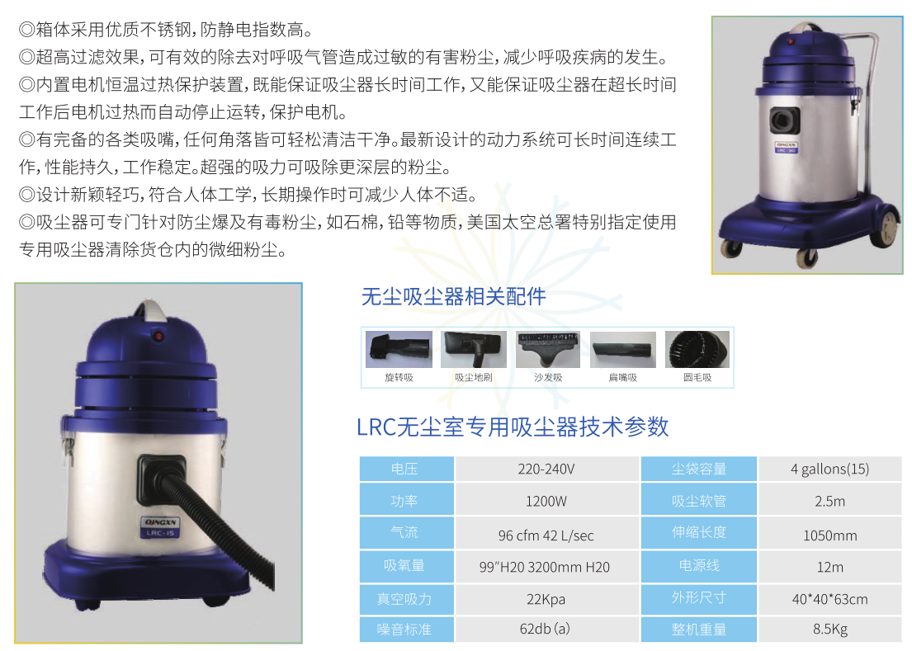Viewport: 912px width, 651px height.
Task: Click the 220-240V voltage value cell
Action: click(x=546, y=469)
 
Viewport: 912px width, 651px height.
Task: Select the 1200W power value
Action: click(x=546, y=501)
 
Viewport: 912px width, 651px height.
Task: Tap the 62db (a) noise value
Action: click(x=546, y=629)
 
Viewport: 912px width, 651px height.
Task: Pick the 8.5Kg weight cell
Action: click(x=830, y=629)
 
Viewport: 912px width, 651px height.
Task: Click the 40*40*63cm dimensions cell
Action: click(x=830, y=599)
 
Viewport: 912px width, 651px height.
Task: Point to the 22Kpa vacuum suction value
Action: click(x=546, y=599)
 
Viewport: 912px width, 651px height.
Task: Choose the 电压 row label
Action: click(x=405, y=469)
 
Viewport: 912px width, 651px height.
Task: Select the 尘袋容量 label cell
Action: click(x=699, y=469)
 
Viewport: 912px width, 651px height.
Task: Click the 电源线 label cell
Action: click(x=699, y=566)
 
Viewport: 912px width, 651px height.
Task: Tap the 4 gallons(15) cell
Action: click(x=830, y=469)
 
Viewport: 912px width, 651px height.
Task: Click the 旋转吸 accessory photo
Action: click(x=399, y=349)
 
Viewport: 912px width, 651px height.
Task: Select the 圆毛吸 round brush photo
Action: click(x=697, y=349)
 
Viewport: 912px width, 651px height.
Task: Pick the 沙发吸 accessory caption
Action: click(x=549, y=378)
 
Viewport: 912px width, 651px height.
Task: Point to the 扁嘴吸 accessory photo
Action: click(x=623, y=349)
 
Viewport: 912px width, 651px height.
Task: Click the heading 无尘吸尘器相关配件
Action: click(x=454, y=297)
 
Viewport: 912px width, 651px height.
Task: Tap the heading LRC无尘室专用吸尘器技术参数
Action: click(x=513, y=427)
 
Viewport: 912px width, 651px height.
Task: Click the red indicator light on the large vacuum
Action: click(x=158, y=336)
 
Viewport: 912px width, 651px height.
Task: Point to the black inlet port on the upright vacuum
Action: click(x=785, y=121)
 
